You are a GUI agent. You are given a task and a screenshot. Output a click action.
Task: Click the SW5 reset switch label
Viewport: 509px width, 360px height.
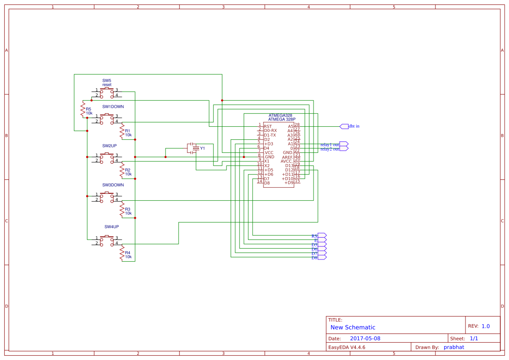coord(107,83)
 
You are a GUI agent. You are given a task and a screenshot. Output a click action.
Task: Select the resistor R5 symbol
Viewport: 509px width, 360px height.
coord(82,109)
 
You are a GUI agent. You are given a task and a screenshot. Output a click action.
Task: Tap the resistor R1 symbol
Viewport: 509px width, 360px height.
coord(122,131)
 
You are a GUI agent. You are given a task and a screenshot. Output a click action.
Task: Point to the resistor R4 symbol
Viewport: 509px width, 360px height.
coord(122,253)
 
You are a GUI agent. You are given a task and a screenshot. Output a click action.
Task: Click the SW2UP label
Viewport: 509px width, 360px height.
coord(109,146)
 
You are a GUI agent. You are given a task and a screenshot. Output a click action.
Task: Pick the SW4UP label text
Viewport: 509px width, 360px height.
coord(111,227)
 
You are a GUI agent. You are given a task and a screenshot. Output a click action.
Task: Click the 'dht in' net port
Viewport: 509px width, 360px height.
coord(344,126)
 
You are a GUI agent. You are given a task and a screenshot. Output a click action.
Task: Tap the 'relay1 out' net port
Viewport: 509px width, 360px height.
coord(344,144)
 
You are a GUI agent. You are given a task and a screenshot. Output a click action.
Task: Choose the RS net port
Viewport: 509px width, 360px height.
coord(322,236)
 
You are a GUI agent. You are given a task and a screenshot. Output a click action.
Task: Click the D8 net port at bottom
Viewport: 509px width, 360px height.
coord(322,258)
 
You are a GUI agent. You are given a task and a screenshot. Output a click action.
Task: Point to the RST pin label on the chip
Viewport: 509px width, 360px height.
coord(268,126)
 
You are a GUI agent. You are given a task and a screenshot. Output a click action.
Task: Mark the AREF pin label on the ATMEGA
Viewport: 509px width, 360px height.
coord(287,157)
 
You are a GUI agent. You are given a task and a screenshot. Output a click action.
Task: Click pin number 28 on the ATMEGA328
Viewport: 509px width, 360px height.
coord(297,125)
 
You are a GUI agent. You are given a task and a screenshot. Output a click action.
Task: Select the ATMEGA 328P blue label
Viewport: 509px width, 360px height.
coord(282,119)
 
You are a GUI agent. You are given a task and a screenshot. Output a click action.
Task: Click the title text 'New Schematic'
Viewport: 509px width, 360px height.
coord(353,327)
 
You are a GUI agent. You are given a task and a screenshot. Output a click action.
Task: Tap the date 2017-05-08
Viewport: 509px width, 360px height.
coord(365,338)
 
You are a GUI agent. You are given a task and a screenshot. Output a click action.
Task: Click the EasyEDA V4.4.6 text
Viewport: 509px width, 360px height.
coord(347,347)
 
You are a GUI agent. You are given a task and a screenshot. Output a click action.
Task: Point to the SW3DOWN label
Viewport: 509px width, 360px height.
coord(113,185)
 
